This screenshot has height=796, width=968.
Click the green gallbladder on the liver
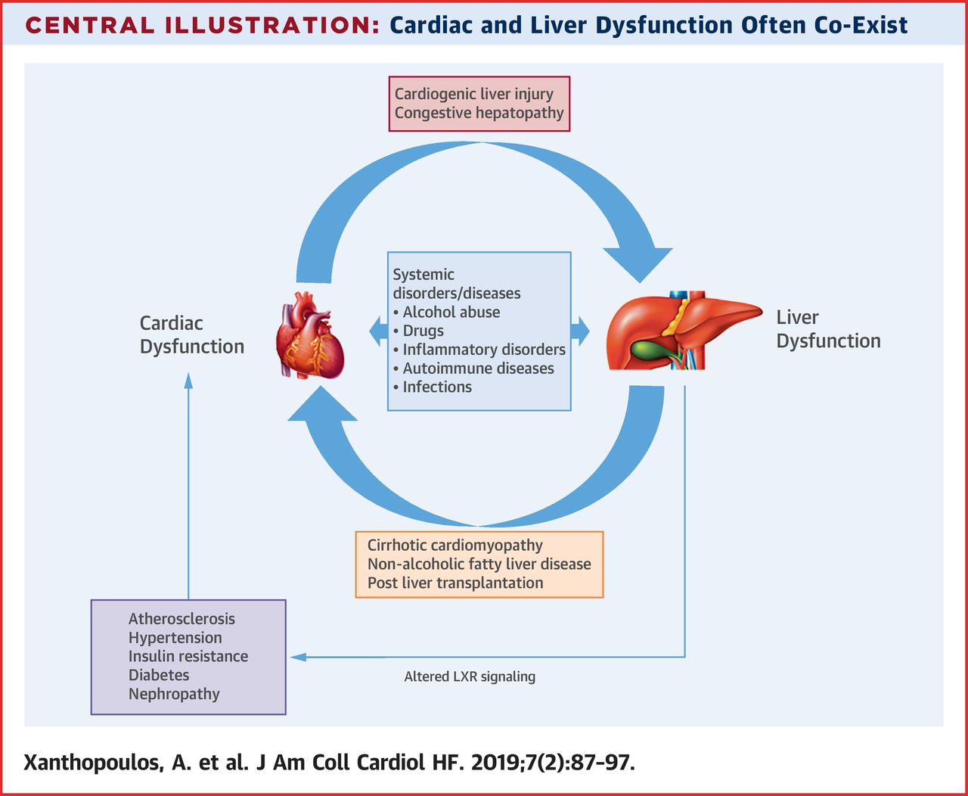pyautogui.click(x=652, y=350)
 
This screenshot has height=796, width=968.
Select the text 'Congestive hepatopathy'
pyautogui.click(x=479, y=113)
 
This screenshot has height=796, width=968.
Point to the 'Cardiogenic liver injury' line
pyautogui.click(x=473, y=94)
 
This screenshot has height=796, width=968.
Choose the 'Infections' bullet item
pyautogui.click(x=436, y=387)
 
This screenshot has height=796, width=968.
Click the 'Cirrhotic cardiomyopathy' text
pyautogui.click(x=455, y=546)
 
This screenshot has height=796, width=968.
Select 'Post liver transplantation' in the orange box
pyautogui.click(x=455, y=583)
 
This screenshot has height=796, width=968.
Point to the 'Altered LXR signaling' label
pyautogui.click(x=470, y=676)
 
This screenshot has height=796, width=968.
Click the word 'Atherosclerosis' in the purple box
pyautogui.click(x=181, y=619)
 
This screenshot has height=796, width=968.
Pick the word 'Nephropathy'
pyautogui.click(x=174, y=694)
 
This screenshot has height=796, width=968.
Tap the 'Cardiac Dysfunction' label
pyautogui.click(x=191, y=334)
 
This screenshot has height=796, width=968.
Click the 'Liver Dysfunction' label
pyautogui.click(x=828, y=329)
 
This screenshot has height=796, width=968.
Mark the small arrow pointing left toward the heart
pyautogui.click(x=378, y=331)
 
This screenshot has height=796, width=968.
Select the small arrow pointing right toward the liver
pyautogui.click(x=580, y=331)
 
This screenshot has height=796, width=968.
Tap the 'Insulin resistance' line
pyautogui.click(x=188, y=656)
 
